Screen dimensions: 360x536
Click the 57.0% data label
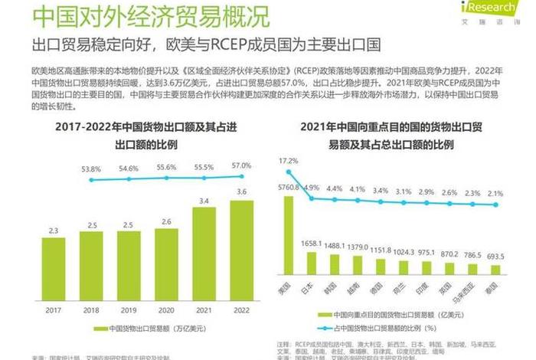(x=241, y=165)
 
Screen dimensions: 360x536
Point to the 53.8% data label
(x=91, y=169)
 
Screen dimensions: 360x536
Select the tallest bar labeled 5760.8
(x=288, y=235)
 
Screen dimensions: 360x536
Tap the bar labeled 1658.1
(x=311, y=263)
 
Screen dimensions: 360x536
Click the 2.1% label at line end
(x=495, y=194)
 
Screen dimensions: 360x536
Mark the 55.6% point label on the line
(x=165, y=167)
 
